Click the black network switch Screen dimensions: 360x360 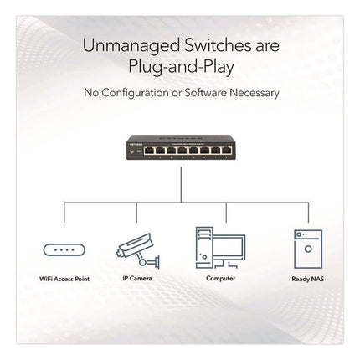pos(180,148)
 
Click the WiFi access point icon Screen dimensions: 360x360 pos(64,249)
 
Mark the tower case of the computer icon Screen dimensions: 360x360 pos(204,248)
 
